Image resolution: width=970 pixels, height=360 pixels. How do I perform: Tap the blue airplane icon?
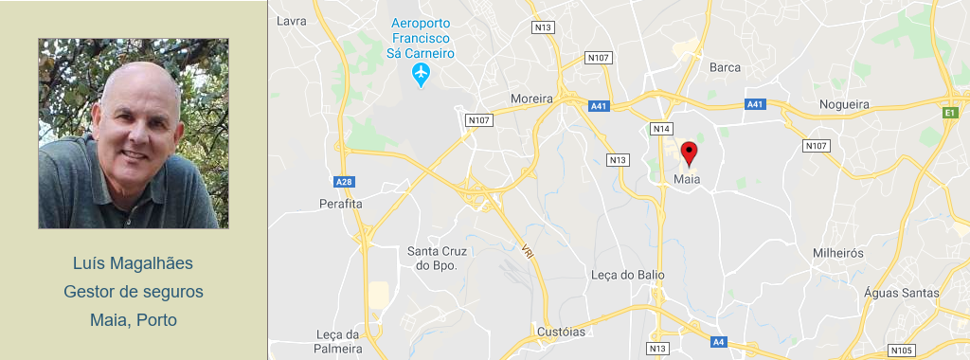coord(422,74)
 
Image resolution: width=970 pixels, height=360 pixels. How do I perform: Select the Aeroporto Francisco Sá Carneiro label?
coord(421,38)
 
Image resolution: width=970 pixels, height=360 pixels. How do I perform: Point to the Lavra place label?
coord(292,21)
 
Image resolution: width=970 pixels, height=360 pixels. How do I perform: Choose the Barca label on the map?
coord(725,67)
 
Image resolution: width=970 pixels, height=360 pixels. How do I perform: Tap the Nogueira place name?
coord(844,104)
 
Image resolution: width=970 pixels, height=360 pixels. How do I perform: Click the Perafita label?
coord(341,204)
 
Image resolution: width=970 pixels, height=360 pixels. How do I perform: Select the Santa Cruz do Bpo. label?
coord(437,259)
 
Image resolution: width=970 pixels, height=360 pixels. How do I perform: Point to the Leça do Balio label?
coord(627,275)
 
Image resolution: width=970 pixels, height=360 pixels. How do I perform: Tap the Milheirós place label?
coord(838,254)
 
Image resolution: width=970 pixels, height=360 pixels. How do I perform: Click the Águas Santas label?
coord(902,293)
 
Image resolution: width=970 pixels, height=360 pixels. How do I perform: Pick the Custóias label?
coord(561,332)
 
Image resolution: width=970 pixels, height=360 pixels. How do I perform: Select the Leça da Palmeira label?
coord(339,341)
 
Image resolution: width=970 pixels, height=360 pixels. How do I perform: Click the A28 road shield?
coord(344,181)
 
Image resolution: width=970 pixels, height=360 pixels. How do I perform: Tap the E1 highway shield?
coord(949,113)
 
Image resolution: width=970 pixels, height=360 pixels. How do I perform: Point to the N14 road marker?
coord(661,128)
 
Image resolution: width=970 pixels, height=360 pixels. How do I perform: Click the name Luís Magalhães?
coord(133,262)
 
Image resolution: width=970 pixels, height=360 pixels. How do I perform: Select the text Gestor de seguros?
coord(134,292)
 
